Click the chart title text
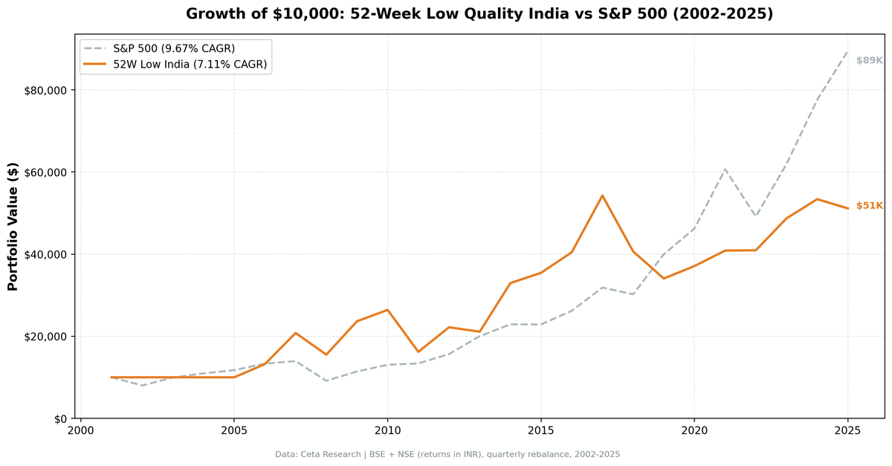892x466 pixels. tap(479, 14)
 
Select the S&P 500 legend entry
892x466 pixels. tap(173, 48)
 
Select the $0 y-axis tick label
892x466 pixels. tap(59, 418)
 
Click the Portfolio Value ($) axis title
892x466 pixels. tap(13, 226)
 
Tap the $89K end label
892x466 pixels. tap(869, 60)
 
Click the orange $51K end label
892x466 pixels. tap(869, 206)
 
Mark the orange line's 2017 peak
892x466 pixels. tap(602, 195)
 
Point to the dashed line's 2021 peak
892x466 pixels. tap(725, 169)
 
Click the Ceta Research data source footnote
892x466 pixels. tap(447, 454)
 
